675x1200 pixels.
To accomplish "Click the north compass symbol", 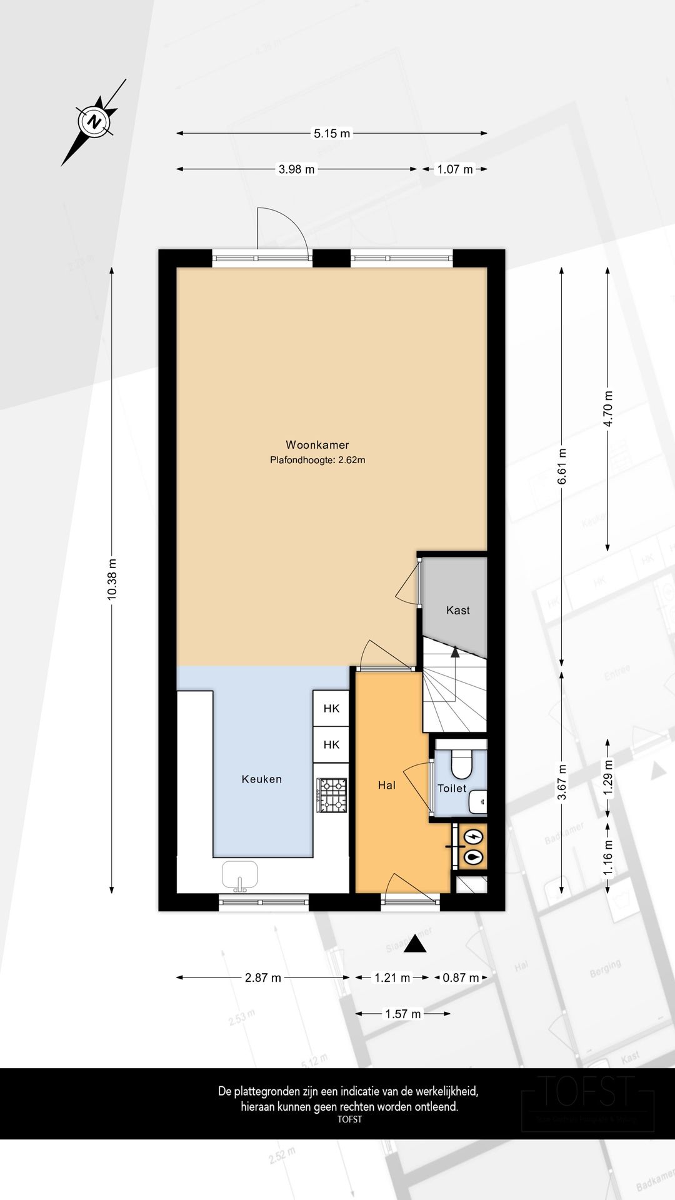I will (x=94, y=121).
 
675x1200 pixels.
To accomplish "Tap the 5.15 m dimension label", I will (x=332, y=133).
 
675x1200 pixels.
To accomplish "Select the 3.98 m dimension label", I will (x=296, y=169).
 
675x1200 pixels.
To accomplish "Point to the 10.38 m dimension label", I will (x=112, y=579).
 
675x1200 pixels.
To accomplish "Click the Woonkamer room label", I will (x=317, y=445).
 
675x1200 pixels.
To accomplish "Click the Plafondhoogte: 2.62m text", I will (x=317, y=460).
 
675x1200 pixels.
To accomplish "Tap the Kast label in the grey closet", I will (x=457, y=610).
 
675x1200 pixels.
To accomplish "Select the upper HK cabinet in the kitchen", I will (x=331, y=708).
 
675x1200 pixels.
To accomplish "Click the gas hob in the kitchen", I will (x=332, y=795).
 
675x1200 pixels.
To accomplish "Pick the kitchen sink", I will (x=239, y=875).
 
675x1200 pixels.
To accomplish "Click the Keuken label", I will (x=262, y=779).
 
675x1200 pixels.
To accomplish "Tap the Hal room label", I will (x=386, y=785).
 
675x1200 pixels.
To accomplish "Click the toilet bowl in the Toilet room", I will (x=461, y=764).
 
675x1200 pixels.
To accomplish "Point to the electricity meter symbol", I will (x=474, y=836).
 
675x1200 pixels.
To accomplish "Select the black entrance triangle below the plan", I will (x=415, y=944).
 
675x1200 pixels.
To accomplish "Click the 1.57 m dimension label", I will (x=403, y=1014).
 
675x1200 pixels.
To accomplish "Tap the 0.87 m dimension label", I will (x=461, y=977).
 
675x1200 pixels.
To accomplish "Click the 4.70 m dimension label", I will (x=607, y=409).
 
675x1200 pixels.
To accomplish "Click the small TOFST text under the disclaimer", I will (x=349, y=1119).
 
